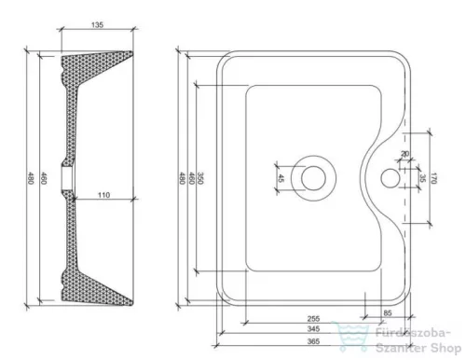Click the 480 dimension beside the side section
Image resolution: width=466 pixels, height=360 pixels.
pos(31,177)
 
